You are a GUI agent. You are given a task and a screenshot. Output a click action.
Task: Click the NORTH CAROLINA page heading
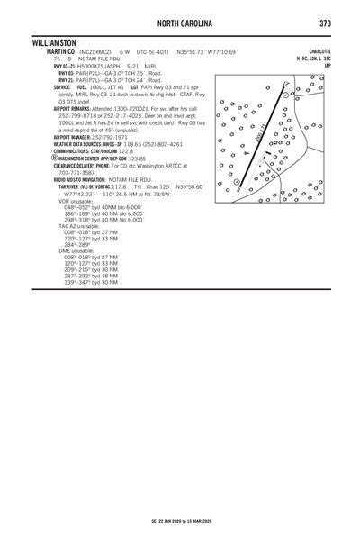pyautogui.click(x=180, y=22)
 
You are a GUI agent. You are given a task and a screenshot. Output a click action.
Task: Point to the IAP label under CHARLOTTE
pyautogui.click(x=328, y=65)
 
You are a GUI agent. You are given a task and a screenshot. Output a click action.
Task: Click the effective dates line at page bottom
pyautogui.click(x=180, y=521)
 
